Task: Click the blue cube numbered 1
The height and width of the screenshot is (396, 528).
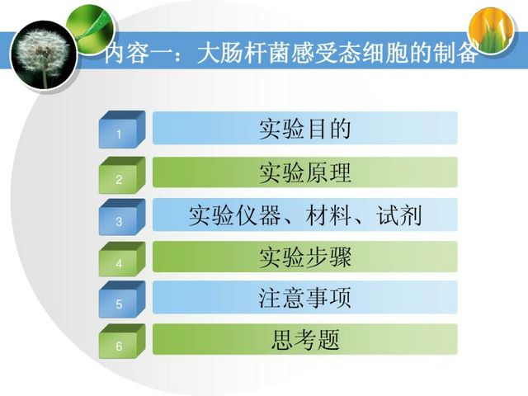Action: (x=122, y=130)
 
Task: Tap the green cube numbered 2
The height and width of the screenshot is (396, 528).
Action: (x=122, y=175)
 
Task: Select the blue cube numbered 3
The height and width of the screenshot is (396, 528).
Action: (x=122, y=217)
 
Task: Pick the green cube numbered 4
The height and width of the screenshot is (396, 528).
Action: (x=122, y=259)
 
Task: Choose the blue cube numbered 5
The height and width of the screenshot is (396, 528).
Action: (x=122, y=300)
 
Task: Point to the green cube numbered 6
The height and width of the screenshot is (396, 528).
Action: (x=122, y=342)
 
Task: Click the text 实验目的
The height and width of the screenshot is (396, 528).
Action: (x=305, y=129)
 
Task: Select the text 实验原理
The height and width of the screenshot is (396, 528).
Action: (x=305, y=172)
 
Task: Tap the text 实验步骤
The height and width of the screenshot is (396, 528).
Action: (x=305, y=257)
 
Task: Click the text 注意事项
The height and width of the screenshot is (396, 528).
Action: (x=305, y=298)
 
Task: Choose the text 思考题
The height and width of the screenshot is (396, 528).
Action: (x=305, y=339)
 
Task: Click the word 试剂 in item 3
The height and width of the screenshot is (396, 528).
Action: (x=399, y=215)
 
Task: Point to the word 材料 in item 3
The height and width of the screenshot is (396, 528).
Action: (x=328, y=215)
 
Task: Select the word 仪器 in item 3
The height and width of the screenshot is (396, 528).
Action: (x=258, y=215)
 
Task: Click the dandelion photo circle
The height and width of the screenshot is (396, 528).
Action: (x=44, y=55)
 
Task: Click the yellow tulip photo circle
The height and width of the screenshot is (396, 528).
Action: (x=492, y=31)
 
